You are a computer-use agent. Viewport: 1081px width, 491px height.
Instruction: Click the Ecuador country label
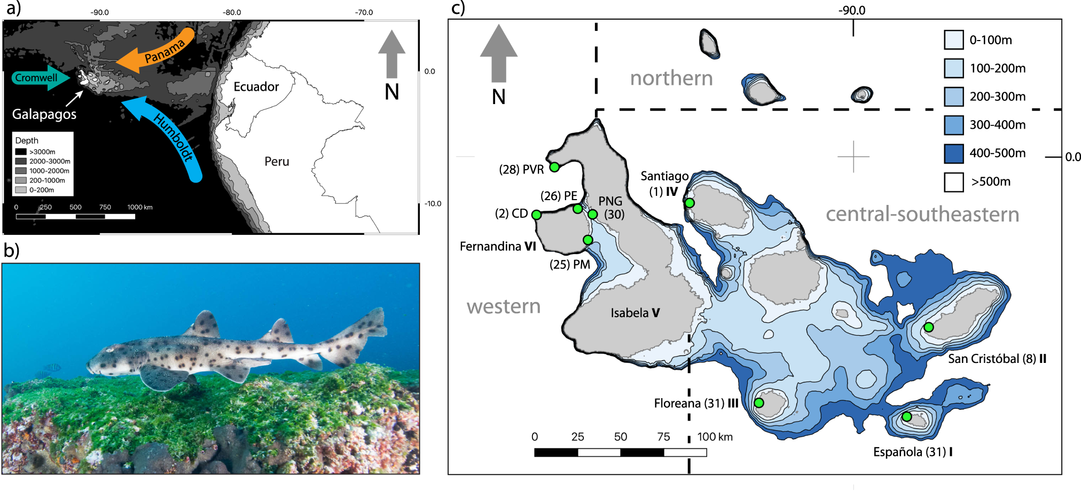pyautogui.click(x=256, y=86)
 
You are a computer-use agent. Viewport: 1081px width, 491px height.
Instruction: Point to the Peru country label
pyautogui.click(x=277, y=161)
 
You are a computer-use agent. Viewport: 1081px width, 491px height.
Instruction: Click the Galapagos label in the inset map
pyautogui.click(x=44, y=114)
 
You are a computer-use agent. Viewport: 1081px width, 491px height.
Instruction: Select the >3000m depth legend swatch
pyautogui.click(x=21, y=152)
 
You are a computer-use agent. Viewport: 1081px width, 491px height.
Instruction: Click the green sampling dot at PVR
pyautogui.click(x=554, y=167)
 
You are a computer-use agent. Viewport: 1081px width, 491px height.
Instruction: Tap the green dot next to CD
pyautogui.click(x=536, y=215)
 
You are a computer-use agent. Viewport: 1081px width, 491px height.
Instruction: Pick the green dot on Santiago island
pyautogui.click(x=690, y=203)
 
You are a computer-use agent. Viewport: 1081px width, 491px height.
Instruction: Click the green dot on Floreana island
pyautogui.click(x=759, y=402)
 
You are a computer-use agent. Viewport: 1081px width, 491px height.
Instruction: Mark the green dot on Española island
pyautogui.click(x=907, y=416)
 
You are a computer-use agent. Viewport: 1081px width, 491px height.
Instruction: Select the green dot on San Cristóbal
pyautogui.click(x=929, y=327)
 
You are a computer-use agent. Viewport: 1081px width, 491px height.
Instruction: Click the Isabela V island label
pyautogui.click(x=635, y=313)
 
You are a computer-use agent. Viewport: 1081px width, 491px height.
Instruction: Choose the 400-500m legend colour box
pyautogui.click(x=953, y=153)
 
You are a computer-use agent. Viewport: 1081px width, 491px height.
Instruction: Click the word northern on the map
pyautogui.click(x=671, y=78)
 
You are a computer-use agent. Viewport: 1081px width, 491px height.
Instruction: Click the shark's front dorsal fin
pyautogui.click(x=206, y=323)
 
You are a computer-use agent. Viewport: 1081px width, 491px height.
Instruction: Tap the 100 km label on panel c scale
pyautogui.click(x=715, y=437)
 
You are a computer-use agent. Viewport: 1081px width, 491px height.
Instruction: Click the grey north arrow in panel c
pyautogui.click(x=498, y=53)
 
